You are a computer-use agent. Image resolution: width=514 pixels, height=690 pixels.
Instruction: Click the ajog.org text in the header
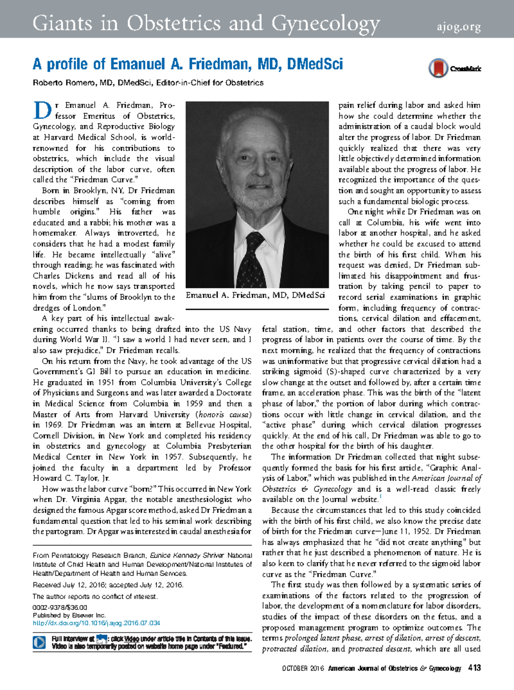point(459,27)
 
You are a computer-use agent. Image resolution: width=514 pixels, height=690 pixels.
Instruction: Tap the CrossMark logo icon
point(438,68)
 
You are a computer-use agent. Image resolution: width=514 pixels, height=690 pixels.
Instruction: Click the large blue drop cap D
point(42,110)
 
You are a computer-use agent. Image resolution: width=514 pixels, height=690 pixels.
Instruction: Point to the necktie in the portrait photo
point(252,261)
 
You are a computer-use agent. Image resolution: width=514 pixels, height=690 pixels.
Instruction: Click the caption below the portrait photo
point(255,295)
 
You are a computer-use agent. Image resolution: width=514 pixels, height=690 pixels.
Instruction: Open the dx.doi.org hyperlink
point(96,623)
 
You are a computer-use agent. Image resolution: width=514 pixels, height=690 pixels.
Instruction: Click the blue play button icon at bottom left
point(39,642)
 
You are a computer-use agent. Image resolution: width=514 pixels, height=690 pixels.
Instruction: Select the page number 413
point(475,668)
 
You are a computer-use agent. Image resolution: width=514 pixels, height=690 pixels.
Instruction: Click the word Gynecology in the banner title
point(326,24)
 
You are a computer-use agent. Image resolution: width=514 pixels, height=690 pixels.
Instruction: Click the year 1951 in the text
point(106,382)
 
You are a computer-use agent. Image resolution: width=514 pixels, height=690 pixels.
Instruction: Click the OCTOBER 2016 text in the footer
point(303,668)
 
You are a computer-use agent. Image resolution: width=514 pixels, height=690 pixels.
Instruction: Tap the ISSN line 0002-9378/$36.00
point(60,607)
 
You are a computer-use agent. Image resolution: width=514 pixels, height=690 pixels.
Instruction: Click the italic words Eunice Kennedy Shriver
point(187,555)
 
